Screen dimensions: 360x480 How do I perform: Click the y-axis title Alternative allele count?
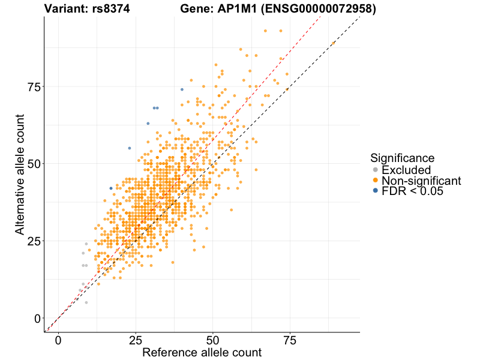20,175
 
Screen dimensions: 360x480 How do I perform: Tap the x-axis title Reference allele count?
202,352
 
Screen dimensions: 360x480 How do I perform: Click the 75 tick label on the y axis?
34,86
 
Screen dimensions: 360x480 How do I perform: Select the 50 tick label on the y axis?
34,164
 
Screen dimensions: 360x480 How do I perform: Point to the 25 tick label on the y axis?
34,241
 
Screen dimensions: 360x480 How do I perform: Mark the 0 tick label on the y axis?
37,318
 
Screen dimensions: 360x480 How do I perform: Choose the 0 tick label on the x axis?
58,340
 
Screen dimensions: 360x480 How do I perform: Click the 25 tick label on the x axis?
136,340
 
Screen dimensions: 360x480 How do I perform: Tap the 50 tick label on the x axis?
212,340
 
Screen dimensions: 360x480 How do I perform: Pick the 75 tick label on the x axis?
290,340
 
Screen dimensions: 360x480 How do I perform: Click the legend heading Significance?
403,158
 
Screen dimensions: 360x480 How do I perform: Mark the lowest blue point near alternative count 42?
111,188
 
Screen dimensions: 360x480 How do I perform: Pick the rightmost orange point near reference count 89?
333,43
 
